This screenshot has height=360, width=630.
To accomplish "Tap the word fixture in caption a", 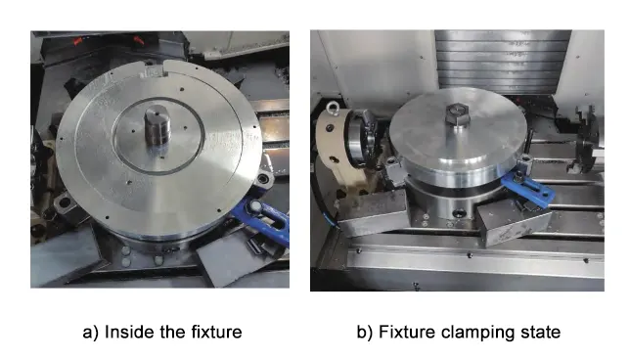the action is coord(216,333).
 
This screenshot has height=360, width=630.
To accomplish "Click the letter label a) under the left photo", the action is coord(90,333).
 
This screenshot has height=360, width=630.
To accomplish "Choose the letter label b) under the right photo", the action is coord(365,333).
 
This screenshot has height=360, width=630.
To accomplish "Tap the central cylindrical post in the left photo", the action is coord(157,125).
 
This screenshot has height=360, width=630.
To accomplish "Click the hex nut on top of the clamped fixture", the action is coord(457,113).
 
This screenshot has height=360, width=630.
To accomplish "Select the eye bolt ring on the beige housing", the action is coord(333,108).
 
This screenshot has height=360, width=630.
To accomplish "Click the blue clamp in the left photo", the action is coord(263,219).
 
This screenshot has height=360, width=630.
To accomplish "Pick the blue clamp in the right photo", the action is coord(527,189).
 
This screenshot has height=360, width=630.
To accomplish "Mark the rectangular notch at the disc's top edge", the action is coord(153,72).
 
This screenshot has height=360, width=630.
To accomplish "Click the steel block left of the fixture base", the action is coord(372,213).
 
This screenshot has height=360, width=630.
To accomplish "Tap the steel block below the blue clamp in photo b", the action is coord(515,222).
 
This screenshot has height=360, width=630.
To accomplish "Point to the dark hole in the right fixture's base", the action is coord(459,212).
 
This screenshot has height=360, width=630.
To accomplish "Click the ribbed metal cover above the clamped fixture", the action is coord(503,61).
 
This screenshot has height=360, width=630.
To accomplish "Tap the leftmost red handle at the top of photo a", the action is coord(77,41).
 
